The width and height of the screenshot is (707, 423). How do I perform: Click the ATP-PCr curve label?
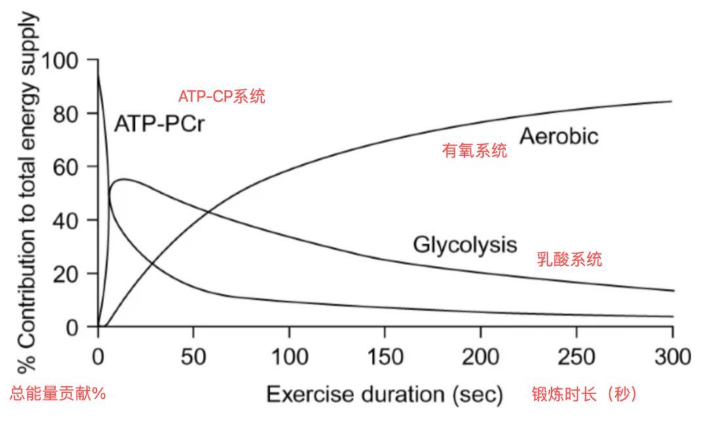click(x=159, y=123)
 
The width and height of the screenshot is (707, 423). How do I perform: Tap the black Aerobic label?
click(x=558, y=136)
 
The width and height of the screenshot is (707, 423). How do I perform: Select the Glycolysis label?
click(x=465, y=245)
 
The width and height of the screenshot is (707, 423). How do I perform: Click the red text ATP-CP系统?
click(x=222, y=97)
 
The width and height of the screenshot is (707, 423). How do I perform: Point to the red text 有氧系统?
click(x=475, y=152)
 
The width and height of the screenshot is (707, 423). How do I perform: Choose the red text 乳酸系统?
click(x=570, y=259)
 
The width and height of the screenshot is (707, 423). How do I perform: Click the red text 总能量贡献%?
click(x=57, y=394)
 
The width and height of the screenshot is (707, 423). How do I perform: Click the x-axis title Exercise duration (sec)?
click(x=385, y=395)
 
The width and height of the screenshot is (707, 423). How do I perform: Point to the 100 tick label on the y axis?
click(x=64, y=61)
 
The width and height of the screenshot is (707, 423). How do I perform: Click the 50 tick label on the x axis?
click(x=194, y=358)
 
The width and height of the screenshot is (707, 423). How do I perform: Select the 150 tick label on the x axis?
click(x=385, y=358)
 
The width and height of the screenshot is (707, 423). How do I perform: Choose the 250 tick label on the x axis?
click(x=577, y=358)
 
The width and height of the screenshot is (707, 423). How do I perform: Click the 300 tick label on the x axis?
click(x=672, y=358)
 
